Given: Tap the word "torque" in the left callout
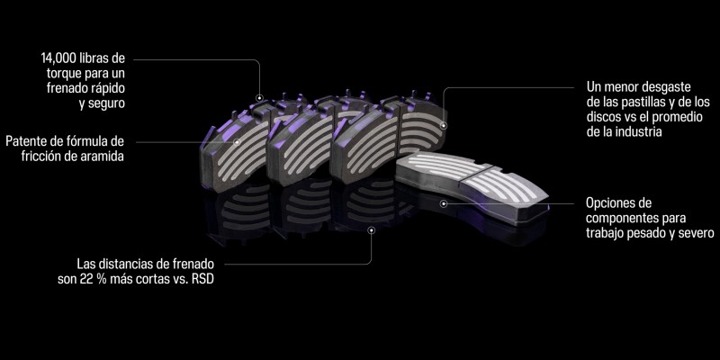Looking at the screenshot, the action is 64,73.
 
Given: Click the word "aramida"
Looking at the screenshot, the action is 103,156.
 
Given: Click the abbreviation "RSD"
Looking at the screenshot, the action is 204,279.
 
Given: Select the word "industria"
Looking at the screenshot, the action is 637,131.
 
